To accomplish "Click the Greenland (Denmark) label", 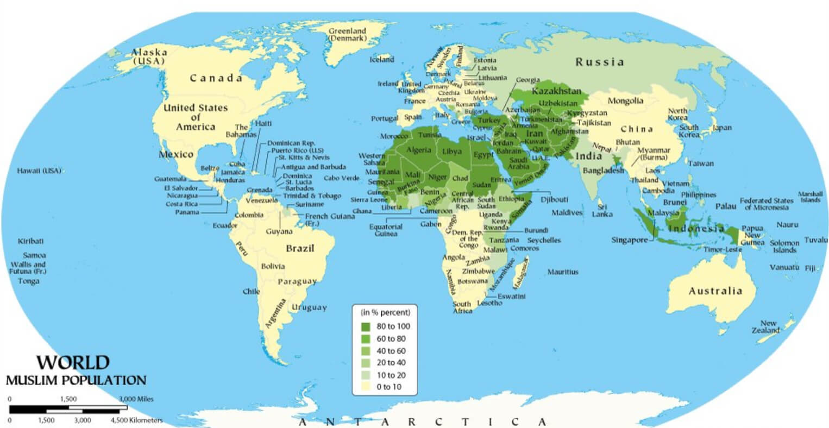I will (x=347, y=35).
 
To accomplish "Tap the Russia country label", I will (x=600, y=62).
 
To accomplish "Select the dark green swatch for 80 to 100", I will (x=366, y=326).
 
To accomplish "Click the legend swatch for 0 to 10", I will (x=366, y=387).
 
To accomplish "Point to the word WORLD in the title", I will (x=73, y=362).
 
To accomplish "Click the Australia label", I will (x=715, y=291).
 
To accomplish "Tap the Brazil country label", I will (x=300, y=249).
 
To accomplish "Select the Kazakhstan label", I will (x=556, y=91).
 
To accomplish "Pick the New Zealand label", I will (x=768, y=327).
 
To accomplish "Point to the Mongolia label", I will (x=625, y=101).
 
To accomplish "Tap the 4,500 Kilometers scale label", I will (x=136, y=420).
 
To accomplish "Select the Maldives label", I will (x=567, y=213).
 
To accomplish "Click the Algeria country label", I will (x=419, y=150).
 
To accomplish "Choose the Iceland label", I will (x=382, y=60).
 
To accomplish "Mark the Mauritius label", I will (x=563, y=272).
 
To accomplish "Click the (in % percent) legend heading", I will (x=385, y=312).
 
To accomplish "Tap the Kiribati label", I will (x=31, y=241).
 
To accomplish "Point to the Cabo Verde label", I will (x=342, y=178).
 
